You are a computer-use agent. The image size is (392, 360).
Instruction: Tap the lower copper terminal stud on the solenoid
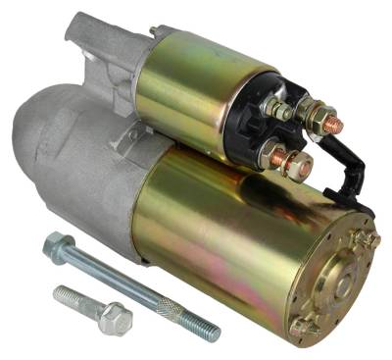[277, 157]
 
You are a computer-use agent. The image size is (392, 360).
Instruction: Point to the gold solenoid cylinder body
[191, 93]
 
